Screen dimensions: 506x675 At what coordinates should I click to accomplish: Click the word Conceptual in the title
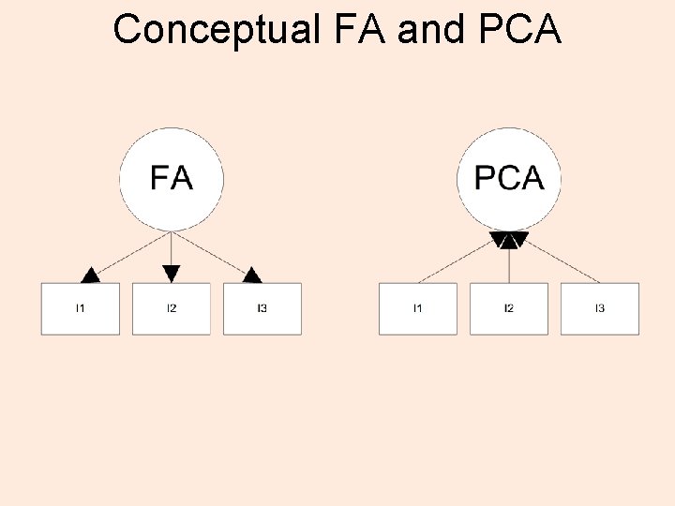(217, 30)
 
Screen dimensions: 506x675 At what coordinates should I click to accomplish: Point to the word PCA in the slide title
(518, 30)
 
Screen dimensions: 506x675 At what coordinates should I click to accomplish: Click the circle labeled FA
(172, 179)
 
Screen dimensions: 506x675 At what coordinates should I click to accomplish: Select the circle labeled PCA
(509, 179)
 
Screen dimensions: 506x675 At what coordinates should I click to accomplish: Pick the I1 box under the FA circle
(81, 308)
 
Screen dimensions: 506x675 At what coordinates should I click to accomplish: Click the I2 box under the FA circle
(172, 308)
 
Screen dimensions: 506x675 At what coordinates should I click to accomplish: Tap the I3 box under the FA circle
(262, 308)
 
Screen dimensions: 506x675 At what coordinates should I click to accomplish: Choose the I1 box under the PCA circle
(418, 308)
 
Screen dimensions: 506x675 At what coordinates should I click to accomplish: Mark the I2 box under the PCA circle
(509, 308)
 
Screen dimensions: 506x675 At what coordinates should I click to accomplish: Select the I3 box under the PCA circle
(600, 308)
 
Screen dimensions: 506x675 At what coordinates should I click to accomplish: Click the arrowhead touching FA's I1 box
(90, 275)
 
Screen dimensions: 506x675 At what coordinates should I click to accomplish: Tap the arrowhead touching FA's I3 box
(252, 275)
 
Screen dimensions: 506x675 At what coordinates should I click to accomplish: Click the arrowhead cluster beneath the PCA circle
(509, 240)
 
